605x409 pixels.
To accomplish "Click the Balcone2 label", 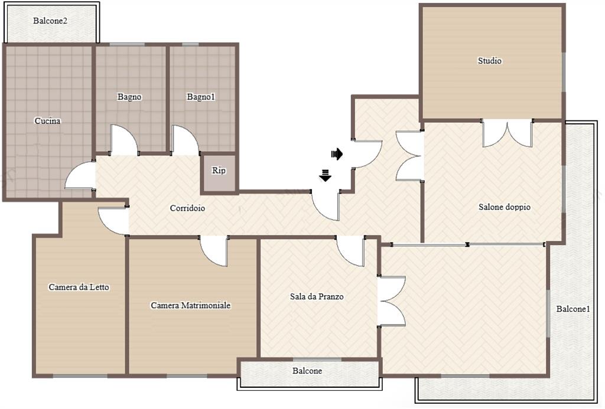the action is [x=50, y=21].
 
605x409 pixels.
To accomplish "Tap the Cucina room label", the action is [x=47, y=121].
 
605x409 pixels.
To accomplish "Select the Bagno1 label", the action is [x=201, y=97].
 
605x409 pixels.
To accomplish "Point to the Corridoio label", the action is [x=187, y=208].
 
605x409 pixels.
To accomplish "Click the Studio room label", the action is [x=490, y=61].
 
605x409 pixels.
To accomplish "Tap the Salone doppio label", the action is [x=505, y=207].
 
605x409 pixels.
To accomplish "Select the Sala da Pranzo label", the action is [x=317, y=296].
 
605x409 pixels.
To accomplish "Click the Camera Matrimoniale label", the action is [x=191, y=305].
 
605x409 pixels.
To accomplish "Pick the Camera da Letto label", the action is [x=79, y=287].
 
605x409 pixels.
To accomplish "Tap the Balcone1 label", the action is [x=573, y=309].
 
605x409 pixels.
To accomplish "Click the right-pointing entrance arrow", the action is [x=337, y=154].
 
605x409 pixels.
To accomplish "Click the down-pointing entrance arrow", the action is [x=326, y=175].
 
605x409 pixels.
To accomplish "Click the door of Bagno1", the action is [x=184, y=139].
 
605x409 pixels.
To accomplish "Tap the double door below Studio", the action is [x=508, y=133].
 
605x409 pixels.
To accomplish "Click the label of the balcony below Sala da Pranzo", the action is [x=307, y=371].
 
